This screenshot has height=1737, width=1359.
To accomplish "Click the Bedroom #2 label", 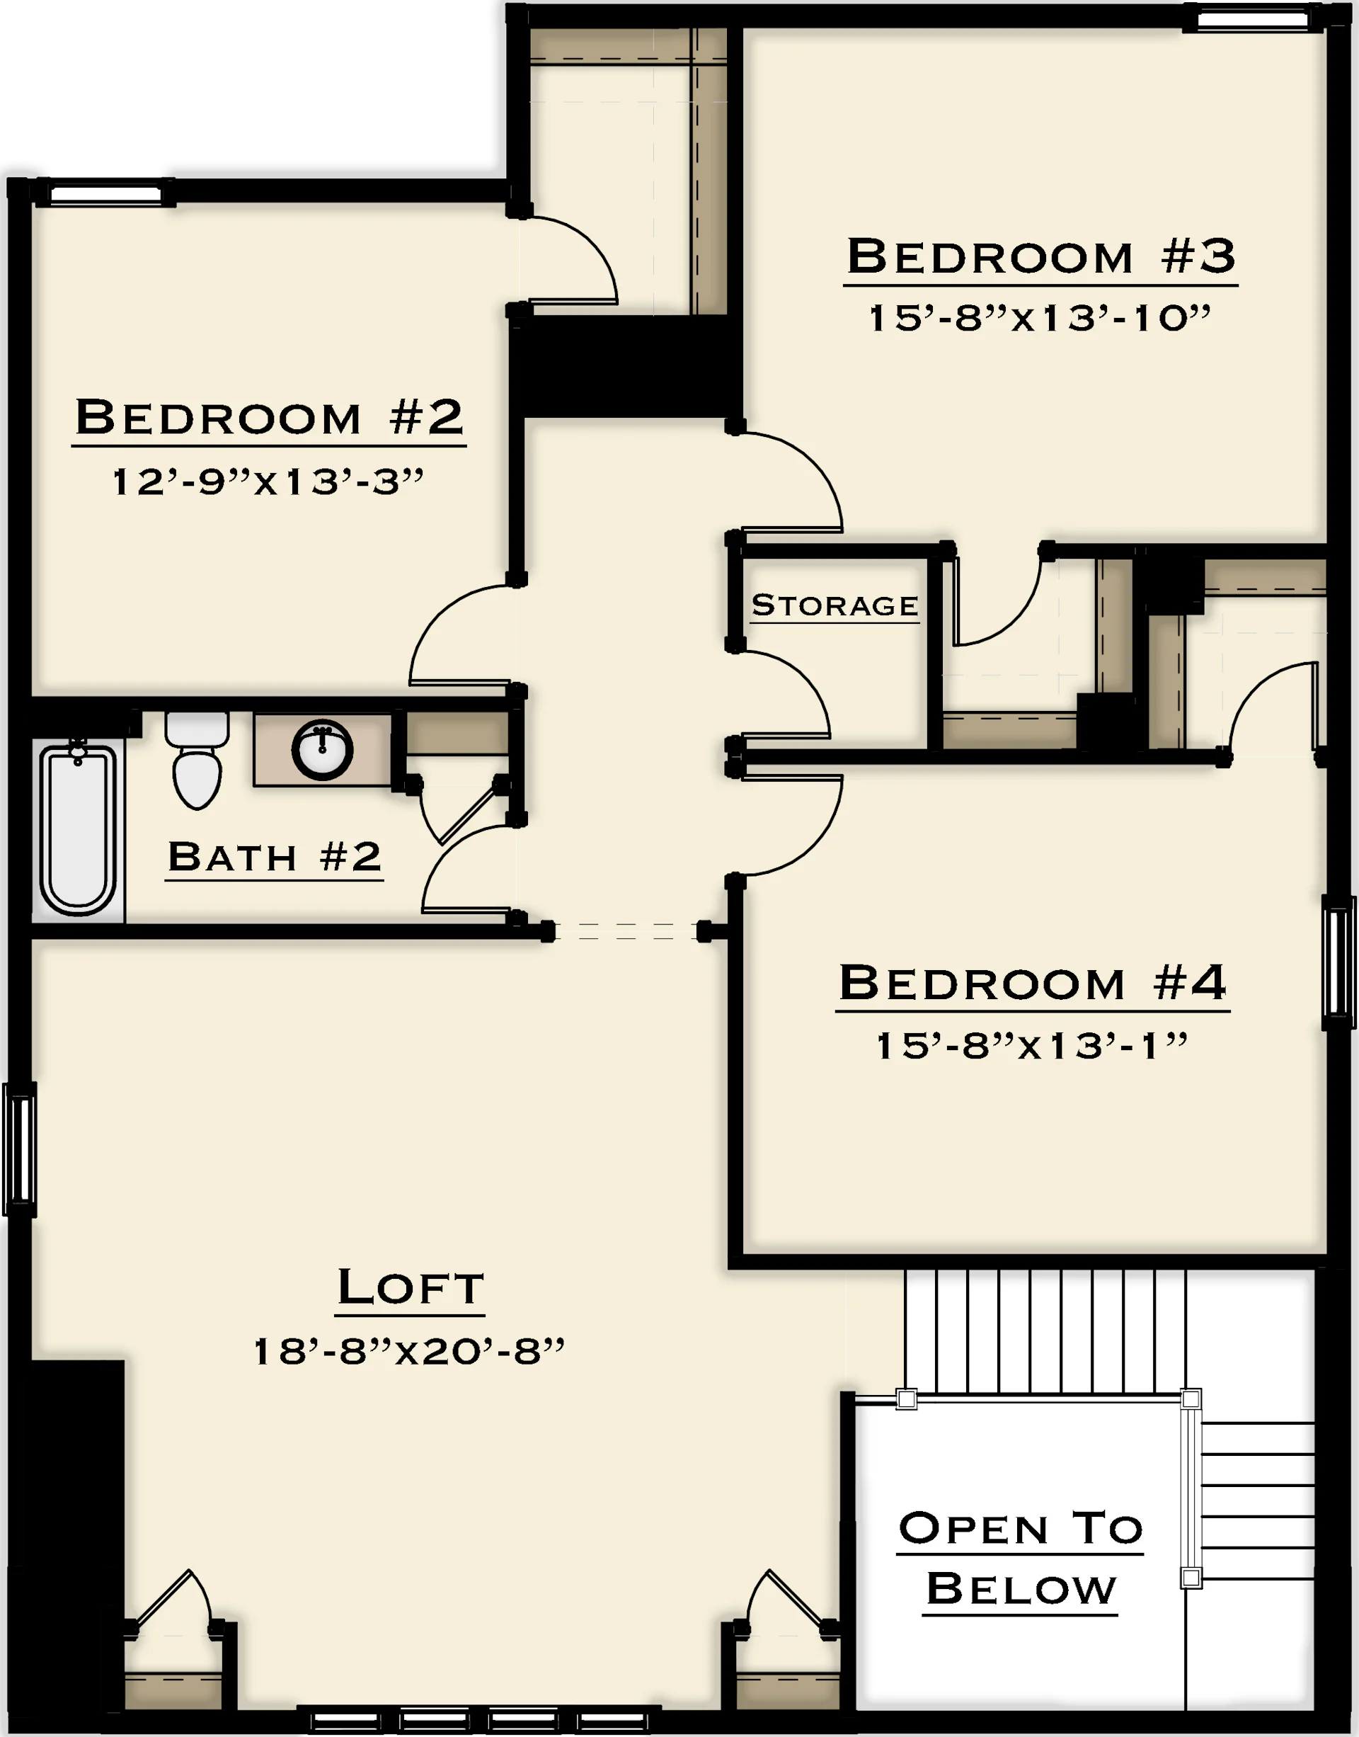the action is point(269,417).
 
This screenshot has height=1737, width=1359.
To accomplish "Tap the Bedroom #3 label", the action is point(1040,256).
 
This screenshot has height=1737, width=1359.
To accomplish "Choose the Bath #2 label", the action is point(275,857).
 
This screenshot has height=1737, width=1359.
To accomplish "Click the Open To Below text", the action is point(1021,1559).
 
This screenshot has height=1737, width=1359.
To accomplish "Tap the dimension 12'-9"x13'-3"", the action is point(268,482).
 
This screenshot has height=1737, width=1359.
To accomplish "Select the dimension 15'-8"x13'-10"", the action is point(1039,318).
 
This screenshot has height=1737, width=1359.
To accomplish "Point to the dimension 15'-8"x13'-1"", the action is point(1032,1045).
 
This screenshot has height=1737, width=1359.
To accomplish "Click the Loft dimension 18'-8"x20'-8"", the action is point(408,1351).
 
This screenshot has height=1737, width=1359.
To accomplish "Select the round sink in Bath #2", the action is point(322,750).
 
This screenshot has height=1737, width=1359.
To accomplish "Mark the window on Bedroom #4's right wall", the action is point(1338,962).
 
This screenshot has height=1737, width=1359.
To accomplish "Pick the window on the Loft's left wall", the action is point(20,1149).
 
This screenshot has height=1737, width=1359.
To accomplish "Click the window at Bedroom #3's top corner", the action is point(1253,18).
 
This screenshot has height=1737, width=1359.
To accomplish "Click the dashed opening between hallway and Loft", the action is point(626,930).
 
